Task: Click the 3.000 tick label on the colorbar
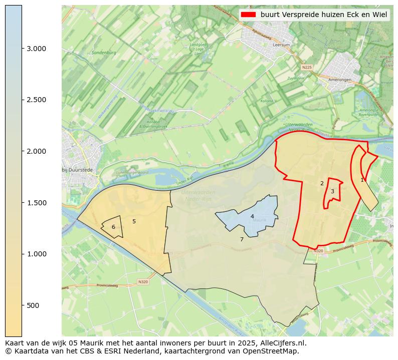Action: coord(37,49)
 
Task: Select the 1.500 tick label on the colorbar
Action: coord(37,203)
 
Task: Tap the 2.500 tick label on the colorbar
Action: coord(37,100)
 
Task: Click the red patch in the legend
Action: coord(248,15)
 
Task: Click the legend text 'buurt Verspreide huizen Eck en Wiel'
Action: coord(324,15)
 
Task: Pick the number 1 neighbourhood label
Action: coord(362,180)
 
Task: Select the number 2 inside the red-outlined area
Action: coord(322,183)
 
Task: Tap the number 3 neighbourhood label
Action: coord(332,191)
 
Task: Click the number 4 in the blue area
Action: coord(252,216)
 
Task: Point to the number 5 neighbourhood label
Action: coord(134,221)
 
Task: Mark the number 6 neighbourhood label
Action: coord(113,227)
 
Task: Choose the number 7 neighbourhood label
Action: coord(242,239)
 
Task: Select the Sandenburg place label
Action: coord(104,53)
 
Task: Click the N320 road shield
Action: coord(143,282)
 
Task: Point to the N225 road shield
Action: coord(307,67)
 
